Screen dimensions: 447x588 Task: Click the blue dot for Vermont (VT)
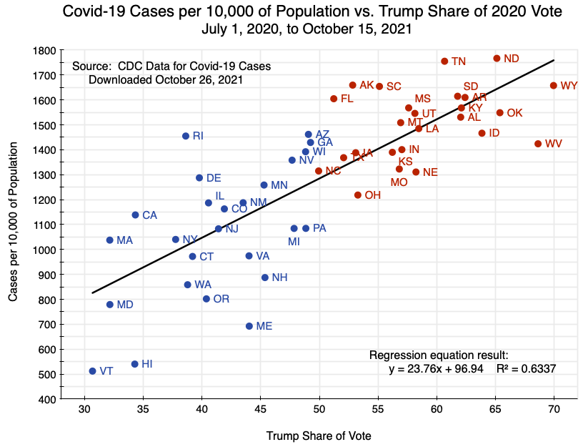coord(93,371)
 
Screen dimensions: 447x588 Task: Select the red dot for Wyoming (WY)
coord(554,86)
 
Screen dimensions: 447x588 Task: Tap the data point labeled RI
coord(186,136)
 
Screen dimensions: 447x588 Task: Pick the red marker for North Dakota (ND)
coord(497,59)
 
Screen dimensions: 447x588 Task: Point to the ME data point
coord(249,326)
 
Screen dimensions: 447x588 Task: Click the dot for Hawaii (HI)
coord(134,364)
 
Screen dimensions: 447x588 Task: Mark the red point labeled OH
coord(358,195)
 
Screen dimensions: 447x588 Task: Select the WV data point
coord(538,144)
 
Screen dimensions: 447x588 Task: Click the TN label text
coord(459,62)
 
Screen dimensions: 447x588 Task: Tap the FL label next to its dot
coord(347,99)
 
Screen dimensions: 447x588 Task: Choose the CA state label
coord(150,215)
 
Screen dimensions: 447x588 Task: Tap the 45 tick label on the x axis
coord(261,411)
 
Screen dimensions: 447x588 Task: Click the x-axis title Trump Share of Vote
coord(319,436)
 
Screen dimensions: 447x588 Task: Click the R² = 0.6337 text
coord(526,369)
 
